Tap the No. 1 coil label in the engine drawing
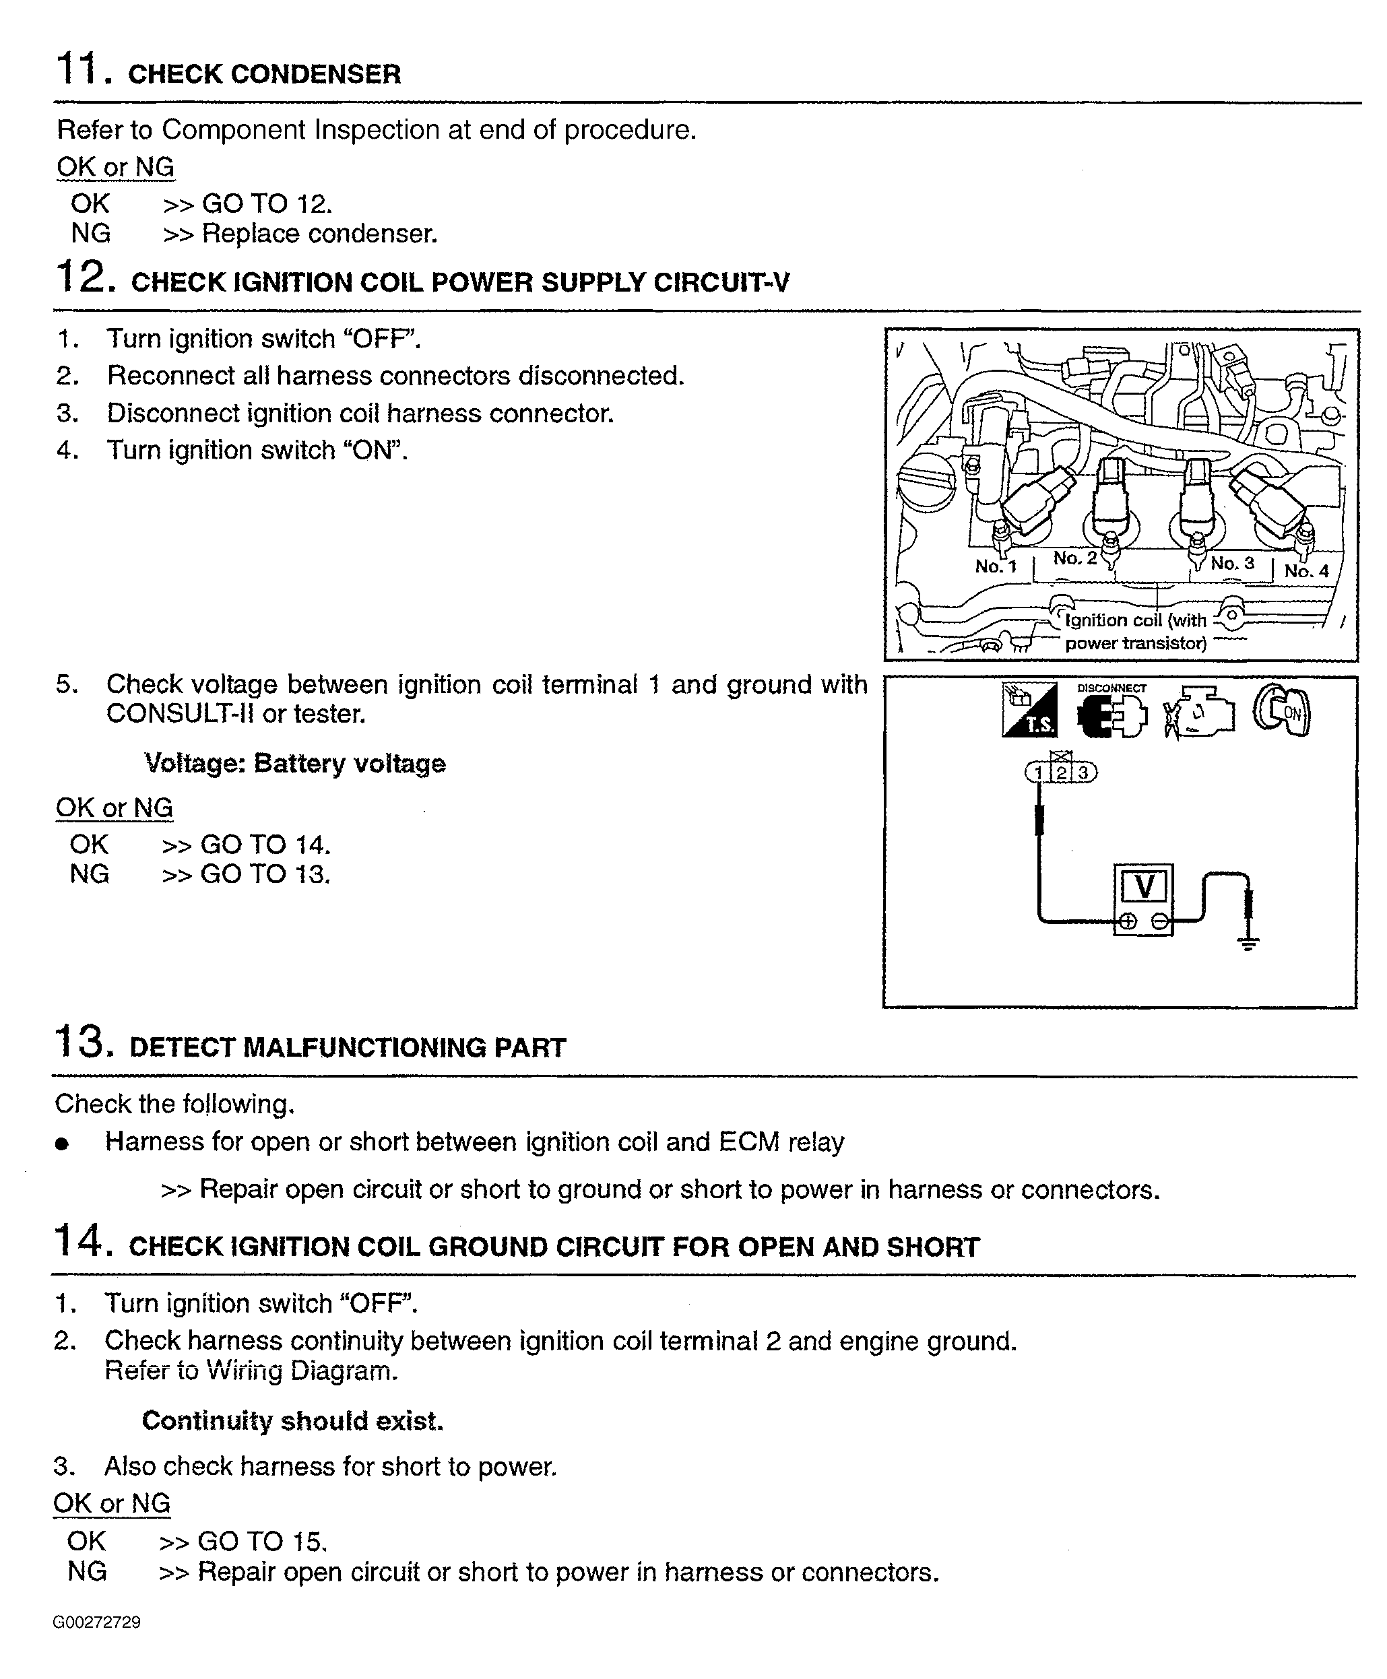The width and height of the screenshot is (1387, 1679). [x=996, y=566]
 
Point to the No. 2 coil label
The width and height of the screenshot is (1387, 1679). [x=1074, y=558]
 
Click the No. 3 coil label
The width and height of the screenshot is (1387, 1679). [x=1232, y=563]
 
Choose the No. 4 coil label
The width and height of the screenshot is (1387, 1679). [x=1306, y=570]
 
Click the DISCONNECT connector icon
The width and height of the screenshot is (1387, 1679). [x=1111, y=713]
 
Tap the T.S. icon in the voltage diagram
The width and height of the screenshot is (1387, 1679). [x=1029, y=710]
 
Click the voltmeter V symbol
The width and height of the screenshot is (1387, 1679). [x=1144, y=886]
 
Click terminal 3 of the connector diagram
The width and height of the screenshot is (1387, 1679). [x=1083, y=772]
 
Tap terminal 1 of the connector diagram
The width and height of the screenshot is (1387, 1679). [x=1038, y=772]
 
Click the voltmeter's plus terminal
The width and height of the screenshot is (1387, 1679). [x=1128, y=922]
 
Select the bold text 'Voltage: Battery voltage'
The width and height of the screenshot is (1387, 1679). [x=295, y=764]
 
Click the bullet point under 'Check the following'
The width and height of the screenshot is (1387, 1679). [x=63, y=1144]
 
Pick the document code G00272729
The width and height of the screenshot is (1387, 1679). [x=97, y=1622]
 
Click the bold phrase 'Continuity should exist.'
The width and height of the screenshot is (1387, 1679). [x=292, y=1421]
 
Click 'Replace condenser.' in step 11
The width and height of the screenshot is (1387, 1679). [x=319, y=234]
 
